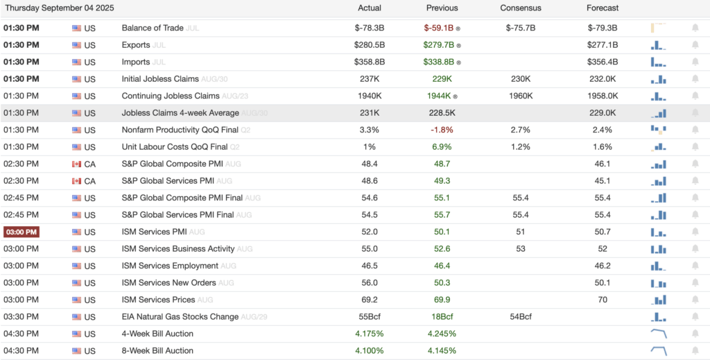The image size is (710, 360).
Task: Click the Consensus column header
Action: [520, 8]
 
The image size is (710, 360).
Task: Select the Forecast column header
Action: [602, 8]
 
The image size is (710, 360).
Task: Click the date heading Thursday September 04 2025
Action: [60, 8]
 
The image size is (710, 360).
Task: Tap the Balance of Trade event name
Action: [153, 28]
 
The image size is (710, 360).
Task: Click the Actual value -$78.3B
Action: [369, 28]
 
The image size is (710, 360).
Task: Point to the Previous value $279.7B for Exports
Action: [440, 45]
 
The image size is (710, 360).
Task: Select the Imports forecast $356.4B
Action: [602, 62]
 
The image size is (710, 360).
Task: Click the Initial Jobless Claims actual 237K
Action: [369, 79]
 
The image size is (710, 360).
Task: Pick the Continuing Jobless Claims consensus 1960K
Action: [520, 96]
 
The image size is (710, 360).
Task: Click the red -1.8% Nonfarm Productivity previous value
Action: [441, 130]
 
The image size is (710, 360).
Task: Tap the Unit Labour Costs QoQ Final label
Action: [174, 147]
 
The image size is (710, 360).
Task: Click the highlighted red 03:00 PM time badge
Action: [21, 232]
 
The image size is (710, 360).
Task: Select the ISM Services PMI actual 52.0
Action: [369, 232]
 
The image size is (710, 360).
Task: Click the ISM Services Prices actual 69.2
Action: [369, 300]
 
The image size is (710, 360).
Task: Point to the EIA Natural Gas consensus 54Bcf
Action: [520, 317]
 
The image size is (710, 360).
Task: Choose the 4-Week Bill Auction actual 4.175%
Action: [369, 334]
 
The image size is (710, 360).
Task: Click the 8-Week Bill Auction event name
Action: [157, 351]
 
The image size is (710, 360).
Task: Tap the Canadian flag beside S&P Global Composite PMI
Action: [77, 164]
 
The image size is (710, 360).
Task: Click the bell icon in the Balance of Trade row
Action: [695, 28]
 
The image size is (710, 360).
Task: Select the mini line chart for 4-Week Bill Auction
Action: [659, 334]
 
